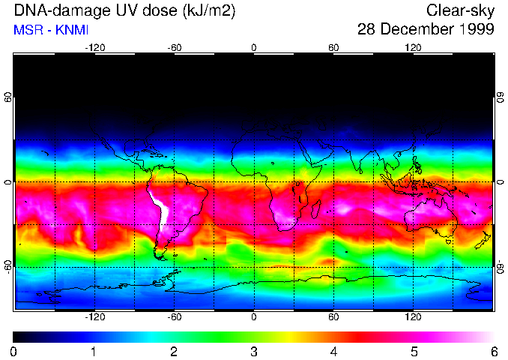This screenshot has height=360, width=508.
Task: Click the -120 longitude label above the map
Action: pos(94,47)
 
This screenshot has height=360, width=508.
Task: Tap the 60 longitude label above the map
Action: pos(333,47)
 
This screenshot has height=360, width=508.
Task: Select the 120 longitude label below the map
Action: pos(413,316)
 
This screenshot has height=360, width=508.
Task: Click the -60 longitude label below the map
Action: pos(174,316)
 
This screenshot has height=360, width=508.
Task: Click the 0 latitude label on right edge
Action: pos(500,182)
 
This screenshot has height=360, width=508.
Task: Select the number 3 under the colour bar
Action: pos(254,351)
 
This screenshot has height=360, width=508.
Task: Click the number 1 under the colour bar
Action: pos(94,351)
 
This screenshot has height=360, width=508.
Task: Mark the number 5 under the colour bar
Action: pos(414,351)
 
